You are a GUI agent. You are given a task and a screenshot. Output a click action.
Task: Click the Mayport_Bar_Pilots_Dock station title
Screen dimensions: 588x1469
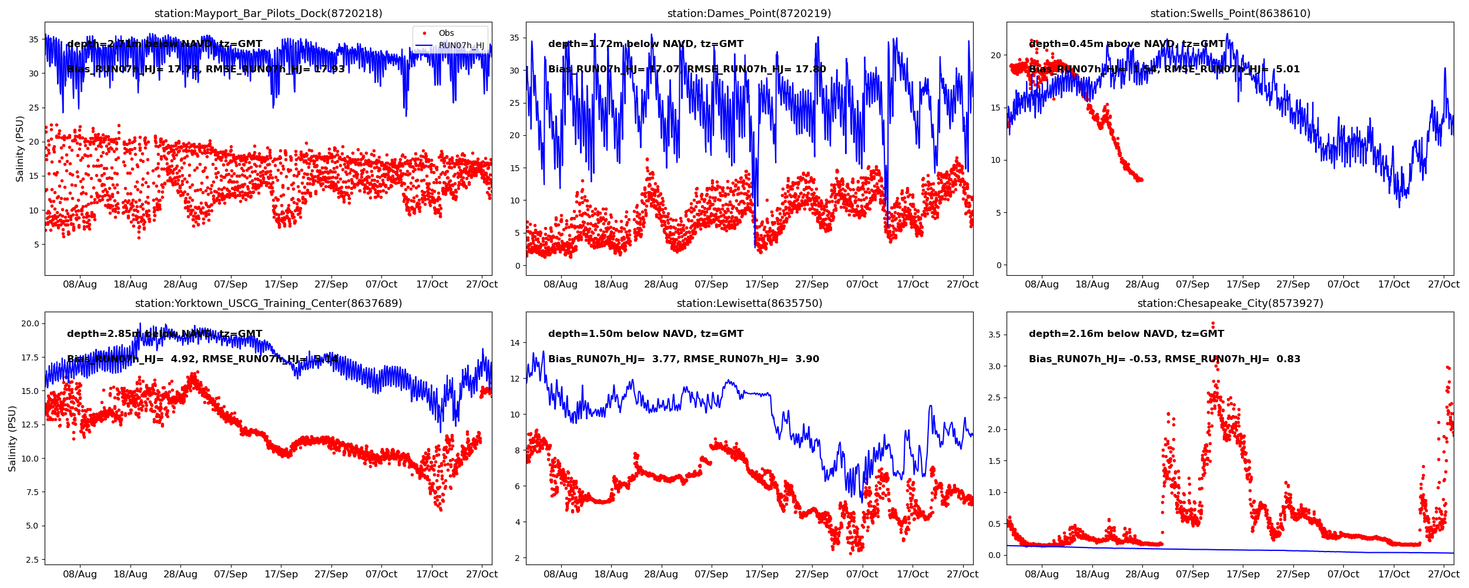click(268, 14)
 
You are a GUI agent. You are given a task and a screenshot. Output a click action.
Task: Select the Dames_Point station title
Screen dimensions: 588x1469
click(749, 14)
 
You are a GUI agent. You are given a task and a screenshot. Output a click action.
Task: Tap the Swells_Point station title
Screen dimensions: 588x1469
click(1230, 14)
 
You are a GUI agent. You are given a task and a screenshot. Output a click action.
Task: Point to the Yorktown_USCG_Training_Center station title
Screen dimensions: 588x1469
click(268, 303)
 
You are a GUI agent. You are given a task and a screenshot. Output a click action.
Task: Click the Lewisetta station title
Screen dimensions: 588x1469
click(749, 303)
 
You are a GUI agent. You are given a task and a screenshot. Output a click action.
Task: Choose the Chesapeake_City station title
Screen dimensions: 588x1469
click(1230, 303)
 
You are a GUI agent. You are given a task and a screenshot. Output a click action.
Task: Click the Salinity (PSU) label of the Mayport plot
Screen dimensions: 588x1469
click(20, 149)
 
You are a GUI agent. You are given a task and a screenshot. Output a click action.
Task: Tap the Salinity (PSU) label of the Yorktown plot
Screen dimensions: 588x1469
click(12, 438)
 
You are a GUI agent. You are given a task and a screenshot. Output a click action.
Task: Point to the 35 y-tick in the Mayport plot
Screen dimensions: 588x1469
click(34, 40)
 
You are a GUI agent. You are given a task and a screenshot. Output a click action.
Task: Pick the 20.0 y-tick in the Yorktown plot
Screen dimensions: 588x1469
click(30, 323)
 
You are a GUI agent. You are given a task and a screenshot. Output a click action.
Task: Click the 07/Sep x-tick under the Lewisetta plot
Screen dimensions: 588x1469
click(711, 574)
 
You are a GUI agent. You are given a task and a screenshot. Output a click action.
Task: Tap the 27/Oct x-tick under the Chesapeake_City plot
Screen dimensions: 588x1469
click(1443, 574)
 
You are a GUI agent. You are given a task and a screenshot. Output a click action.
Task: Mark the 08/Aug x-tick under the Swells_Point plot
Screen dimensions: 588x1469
click(1041, 285)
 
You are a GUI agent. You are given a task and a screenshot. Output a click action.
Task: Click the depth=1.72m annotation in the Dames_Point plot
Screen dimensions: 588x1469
click(645, 44)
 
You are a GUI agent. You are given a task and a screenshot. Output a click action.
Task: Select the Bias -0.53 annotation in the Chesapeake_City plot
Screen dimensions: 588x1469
click(1164, 359)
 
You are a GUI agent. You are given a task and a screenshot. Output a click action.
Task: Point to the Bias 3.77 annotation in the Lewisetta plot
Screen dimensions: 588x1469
click(683, 359)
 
